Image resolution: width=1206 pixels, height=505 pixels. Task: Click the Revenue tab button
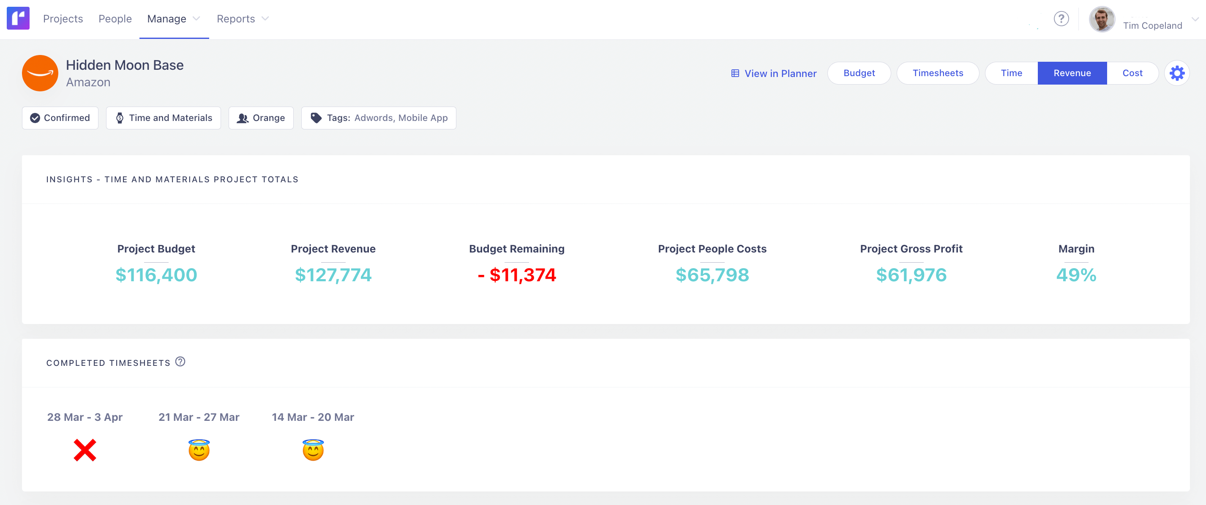pyautogui.click(x=1072, y=73)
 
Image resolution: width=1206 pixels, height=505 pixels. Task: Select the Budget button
pyautogui.click(x=859, y=73)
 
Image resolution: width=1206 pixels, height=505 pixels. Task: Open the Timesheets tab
pyautogui.click(x=937, y=73)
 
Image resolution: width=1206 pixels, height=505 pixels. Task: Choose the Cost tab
pyautogui.click(x=1132, y=73)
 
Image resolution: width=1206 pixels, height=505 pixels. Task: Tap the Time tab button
pyautogui.click(x=1011, y=73)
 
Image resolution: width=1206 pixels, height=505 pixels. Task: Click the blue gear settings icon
pyautogui.click(x=1176, y=73)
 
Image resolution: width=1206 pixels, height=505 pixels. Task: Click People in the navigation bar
pyautogui.click(x=115, y=19)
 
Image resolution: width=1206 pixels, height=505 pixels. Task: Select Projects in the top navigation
pyautogui.click(x=63, y=19)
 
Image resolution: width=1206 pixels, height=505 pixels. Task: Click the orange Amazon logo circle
pyautogui.click(x=40, y=73)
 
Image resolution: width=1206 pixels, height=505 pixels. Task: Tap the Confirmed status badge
pyautogui.click(x=60, y=118)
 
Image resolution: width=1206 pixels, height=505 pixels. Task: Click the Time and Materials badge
pyautogui.click(x=164, y=118)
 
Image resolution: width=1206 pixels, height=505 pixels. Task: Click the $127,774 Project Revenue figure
pyautogui.click(x=333, y=275)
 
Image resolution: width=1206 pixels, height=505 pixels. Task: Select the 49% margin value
pyautogui.click(x=1076, y=275)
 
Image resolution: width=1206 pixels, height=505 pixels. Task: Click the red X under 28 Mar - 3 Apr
pyautogui.click(x=85, y=450)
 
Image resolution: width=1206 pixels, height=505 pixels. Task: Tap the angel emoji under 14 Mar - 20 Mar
pyautogui.click(x=313, y=450)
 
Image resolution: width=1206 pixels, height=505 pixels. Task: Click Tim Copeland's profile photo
pyautogui.click(x=1101, y=19)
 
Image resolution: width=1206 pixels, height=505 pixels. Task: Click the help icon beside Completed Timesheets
pyautogui.click(x=180, y=362)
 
